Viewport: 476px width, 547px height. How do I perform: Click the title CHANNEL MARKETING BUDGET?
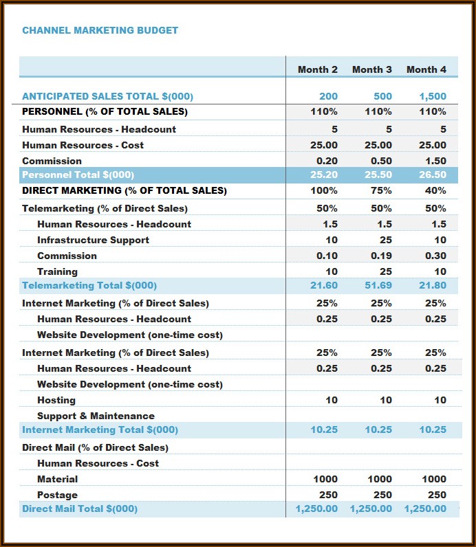point(100,30)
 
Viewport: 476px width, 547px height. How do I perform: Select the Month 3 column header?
point(371,69)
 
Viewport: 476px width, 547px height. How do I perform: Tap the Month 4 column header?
point(426,69)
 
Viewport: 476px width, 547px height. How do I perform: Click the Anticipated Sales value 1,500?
point(433,96)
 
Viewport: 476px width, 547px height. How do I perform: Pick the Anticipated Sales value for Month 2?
point(328,96)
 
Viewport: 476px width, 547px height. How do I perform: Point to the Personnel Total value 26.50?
point(433,175)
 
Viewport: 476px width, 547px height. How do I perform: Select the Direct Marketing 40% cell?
point(435,190)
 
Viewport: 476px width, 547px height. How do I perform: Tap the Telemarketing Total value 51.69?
point(378,285)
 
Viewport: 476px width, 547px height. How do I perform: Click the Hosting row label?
point(56,400)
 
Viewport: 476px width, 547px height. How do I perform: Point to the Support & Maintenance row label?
point(96,416)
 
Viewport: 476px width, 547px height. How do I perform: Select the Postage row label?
point(57,495)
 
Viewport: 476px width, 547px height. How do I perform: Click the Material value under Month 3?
point(380,479)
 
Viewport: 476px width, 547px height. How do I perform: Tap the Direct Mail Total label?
point(80,509)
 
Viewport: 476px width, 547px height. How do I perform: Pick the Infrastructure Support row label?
point(93,240)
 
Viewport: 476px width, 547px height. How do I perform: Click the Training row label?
point(57,271)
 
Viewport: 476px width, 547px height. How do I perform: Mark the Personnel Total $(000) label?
point(78,175)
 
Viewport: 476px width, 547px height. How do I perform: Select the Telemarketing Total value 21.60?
point(324,285)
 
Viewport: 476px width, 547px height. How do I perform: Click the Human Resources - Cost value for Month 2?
point(324,145)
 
